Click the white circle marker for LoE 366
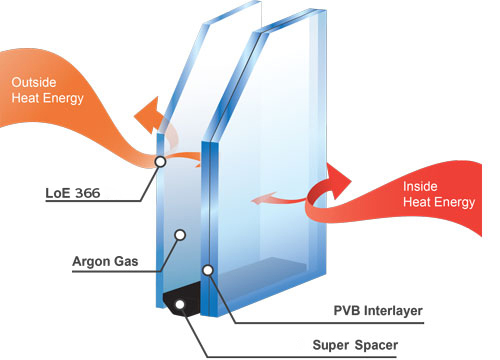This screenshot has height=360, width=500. tap(159, 161)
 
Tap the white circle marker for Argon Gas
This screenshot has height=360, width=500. tap(180, 236)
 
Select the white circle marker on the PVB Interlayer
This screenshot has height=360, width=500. tap(207, 269)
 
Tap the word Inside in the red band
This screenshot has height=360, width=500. tap(419, 186)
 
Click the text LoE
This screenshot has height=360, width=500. tap(84, 190)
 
